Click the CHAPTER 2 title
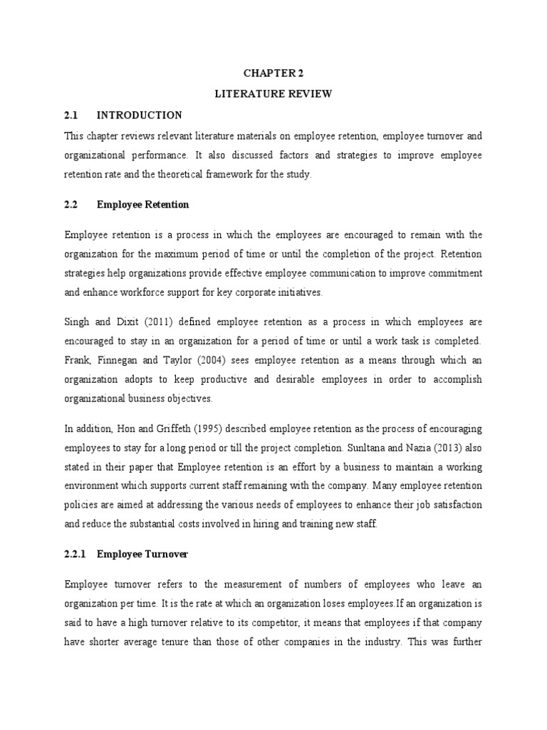point(273,72)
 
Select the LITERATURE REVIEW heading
point(273,93)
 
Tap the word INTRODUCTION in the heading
point(139,115)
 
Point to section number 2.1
point(71,115)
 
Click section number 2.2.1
point(75,552)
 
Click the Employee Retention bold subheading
point(142,205)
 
